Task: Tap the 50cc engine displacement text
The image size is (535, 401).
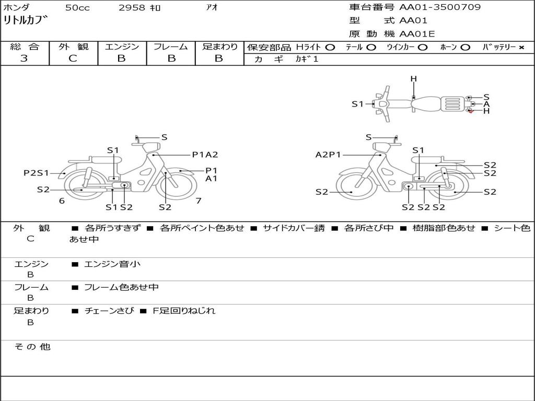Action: tap(77, 8)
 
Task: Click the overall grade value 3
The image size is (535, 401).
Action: tap(24, 58)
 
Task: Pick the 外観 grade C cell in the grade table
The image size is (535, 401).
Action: tap(73, 58)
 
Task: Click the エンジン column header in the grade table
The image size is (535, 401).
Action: tap(122, 47)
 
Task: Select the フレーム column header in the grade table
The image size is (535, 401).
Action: tap(171, 47)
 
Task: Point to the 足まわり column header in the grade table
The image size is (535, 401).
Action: tap(220, 47)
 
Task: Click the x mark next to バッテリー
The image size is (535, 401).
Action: tap(521, 48)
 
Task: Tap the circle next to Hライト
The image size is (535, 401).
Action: tap(330, 48)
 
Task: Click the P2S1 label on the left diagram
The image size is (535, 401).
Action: tap(36, 173)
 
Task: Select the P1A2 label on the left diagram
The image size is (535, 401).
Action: tap(205, 155)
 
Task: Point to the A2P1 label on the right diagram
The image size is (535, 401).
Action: tap(328, 155)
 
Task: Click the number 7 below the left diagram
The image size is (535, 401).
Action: tap(199, 200)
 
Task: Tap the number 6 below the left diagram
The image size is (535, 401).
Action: tap(62, 200)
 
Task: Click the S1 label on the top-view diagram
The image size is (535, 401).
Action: tap(357, 104)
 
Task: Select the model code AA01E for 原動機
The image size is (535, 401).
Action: tap(417, 34)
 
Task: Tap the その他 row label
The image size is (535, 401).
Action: tap(32, 347)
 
